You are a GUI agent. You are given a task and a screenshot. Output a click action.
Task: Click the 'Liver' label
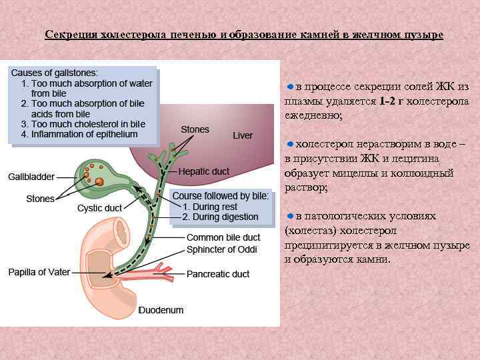[x=243, y=135]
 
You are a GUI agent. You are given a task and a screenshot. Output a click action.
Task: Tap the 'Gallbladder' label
[x=31, y=177]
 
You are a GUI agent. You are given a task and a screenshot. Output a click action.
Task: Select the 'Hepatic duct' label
[x=203, y=171]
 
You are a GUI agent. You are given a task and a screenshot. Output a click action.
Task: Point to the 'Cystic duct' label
[x=99, y=208]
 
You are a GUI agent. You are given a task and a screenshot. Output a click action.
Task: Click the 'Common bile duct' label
[x=223, y=237]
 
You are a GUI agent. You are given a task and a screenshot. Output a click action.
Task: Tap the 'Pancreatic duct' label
[x=218, y=274]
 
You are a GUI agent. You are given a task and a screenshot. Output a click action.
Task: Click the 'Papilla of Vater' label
[x=37, y=272]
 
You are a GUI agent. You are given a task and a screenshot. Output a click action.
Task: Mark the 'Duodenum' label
[x=161, y=310]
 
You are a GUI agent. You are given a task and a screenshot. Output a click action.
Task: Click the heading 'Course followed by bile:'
[x=221, y=196]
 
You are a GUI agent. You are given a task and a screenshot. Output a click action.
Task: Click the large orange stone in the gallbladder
[x=99, y=181]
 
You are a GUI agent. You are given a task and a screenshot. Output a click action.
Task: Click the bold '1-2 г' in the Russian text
[x=391, y=101]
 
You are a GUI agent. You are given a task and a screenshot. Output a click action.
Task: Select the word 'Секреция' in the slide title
[x=71, y=34]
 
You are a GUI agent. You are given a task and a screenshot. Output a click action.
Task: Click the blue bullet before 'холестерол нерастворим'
[x=290, y=143]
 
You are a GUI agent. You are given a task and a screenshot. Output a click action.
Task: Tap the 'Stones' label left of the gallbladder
[x=40, y=199]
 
